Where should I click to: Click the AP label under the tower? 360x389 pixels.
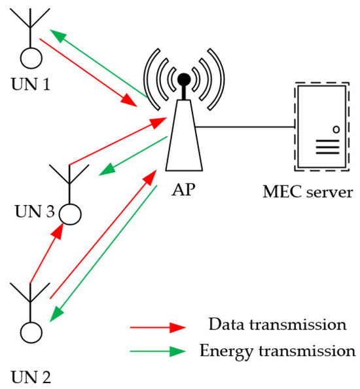click(183, 191)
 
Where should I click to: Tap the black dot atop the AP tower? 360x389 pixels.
click(185, 81)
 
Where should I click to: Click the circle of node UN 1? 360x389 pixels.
click(29, 58)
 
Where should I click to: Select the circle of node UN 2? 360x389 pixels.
click(29, 333)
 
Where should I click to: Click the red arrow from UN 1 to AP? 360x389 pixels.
click(92, 72)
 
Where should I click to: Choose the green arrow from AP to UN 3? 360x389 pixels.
click(131, 157)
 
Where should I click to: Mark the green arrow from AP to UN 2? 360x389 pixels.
click(105, 252)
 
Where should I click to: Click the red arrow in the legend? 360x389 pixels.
click(157, 326)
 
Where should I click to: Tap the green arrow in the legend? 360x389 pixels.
click(157, 351)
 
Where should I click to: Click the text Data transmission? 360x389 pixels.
click(276, 325)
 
